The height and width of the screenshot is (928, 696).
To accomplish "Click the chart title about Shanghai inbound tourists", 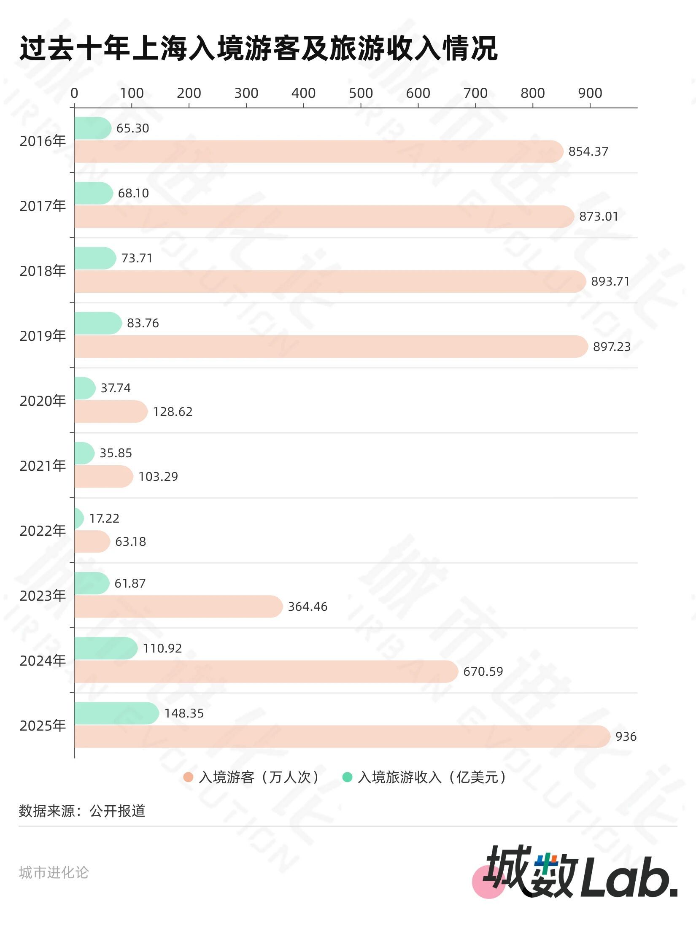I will click(x=258, y=49).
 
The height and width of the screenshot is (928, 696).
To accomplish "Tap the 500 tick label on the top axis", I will click(x=361, y=93).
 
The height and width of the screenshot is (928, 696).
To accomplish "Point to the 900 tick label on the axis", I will click(x=590, y=93).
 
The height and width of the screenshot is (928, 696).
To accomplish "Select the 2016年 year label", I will click(x=43, y=141).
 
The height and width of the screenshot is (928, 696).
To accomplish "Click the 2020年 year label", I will click(x=43, y=401).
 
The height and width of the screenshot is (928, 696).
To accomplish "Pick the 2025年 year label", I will click(x=43, y=726).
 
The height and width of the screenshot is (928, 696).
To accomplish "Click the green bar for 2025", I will click(x=116, y=713).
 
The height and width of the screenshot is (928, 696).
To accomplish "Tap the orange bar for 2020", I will click(x=111, y=412).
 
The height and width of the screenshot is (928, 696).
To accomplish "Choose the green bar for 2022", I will click(x=79, y=518).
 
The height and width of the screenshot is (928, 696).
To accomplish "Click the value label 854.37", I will click(x=588, y=151).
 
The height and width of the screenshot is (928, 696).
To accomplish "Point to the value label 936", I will click(x=626, y=736).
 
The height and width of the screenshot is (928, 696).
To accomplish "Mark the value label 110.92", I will click(x=162, y=648).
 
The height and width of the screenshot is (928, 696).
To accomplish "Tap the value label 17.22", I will click(x=104, y=518).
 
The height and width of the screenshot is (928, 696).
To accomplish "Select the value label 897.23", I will click(x=612, y=347).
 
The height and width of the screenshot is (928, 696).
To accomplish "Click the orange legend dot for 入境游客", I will click(x=188, y=777).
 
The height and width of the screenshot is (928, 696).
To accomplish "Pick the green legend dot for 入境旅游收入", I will click(x=347, y=777).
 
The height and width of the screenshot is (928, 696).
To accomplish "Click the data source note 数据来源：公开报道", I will click(x=82, y=811).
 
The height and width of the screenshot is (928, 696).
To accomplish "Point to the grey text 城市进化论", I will click(x=54, y=872).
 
